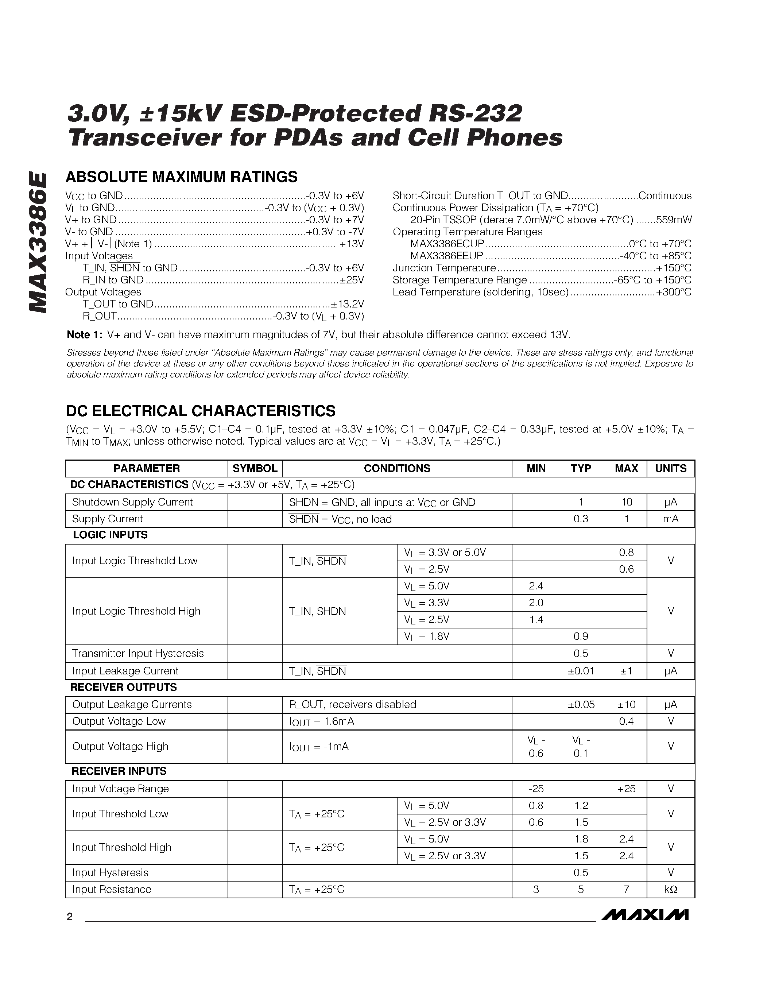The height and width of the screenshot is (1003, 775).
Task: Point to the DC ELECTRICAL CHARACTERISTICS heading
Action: coord(201,411)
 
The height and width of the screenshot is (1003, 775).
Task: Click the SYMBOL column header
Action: coord(255,468)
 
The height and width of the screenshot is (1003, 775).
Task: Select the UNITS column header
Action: coord(670,468)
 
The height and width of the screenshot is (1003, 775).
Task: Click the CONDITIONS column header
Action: coord(397,468)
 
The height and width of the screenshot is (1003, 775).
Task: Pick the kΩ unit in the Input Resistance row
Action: coord(670,890)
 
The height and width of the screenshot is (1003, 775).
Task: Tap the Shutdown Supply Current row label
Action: coord(132,502)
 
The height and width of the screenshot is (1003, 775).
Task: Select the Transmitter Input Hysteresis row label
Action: coord(138,653)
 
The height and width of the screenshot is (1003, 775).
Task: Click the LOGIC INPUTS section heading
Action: coord(110,535)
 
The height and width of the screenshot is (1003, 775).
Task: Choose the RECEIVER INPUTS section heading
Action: coord(119,771)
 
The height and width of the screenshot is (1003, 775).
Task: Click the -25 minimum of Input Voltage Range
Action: coord(536,789)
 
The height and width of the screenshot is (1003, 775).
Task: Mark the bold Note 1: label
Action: coord(85,335)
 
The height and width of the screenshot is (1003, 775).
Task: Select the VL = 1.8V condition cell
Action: coord(427,636)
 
